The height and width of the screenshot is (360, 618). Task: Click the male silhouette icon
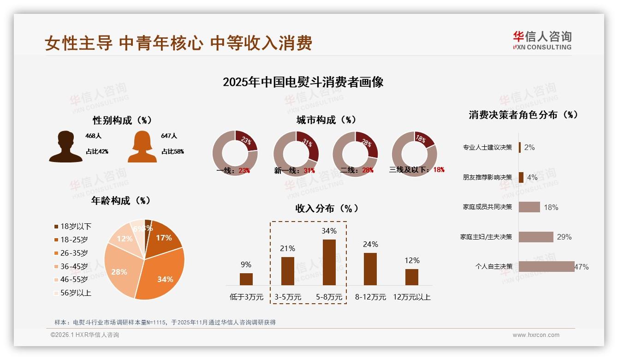click(x=65, y=146)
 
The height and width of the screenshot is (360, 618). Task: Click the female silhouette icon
click(x=142, y=146)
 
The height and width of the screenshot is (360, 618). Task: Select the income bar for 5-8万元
click(x=329, y=262)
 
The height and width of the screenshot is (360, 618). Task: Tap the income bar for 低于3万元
click(x=246, y=279)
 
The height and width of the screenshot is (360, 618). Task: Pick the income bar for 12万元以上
click(x=412, y=277)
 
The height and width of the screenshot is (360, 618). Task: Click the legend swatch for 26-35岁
click(x=56, y=253)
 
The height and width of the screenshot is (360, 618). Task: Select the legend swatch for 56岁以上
click(x=56, y=293)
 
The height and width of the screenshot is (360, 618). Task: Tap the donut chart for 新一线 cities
click(x=296, y=154)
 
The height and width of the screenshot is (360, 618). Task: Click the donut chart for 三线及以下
click(x=414, y=154)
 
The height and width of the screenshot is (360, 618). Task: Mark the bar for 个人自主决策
click(x=547, y=266)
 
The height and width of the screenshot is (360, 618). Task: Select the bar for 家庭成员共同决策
click(x=529, y=207)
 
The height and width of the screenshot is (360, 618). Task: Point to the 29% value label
click(x=564, y=237)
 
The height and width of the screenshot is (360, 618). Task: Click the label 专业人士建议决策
click(x=487, y=147)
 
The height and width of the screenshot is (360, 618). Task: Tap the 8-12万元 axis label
click(x=370, y=297)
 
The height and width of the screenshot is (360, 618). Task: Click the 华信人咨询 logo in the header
click(x=542, y=40)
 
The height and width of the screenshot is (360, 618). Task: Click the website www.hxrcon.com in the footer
click(x=536, y=335)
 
